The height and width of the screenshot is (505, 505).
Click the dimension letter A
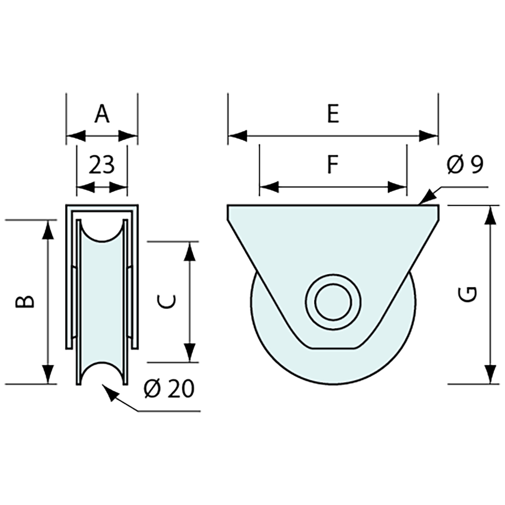pyautogui.click(x=102, y=114)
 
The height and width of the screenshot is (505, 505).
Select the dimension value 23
pyautogui.click(x=101, y=165)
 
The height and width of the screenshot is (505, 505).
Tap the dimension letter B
pyautogui.click(x=25, y=301)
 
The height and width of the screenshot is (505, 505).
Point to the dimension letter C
pyautogui.click(x=166, y=301)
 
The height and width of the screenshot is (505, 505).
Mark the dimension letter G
pyautogui.click(x=469, y=294)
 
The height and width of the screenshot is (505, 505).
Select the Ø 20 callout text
pyautogui.click(x=169, y=389)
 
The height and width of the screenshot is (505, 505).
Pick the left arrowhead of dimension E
pyautogui.click(x=237, y=136)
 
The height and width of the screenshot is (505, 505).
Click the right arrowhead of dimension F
pyautogui.click(x=398, y=187)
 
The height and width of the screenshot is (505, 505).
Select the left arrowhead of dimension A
pyautogui.click(x=76, y=136)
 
